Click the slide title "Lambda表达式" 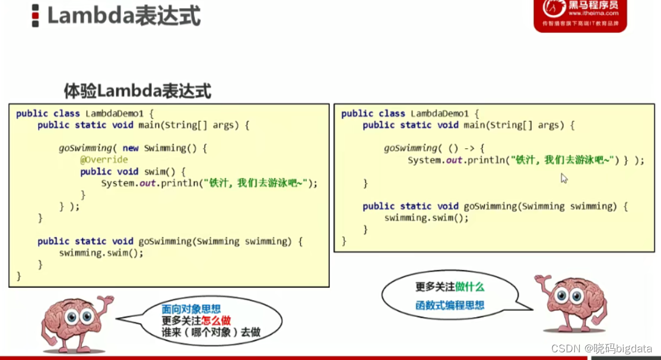pos(123,16)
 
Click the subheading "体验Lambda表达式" pos(137,91)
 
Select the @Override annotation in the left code pos(104,160)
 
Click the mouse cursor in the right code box pos(564,178)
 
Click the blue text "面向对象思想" pos(191,309)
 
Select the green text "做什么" pos(470,287)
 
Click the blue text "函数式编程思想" pos(450,305)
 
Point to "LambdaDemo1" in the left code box pos(111,113)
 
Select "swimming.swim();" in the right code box pos(426,218)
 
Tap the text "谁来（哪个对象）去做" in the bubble pos(211,333)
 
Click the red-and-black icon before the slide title pos(36,16)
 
